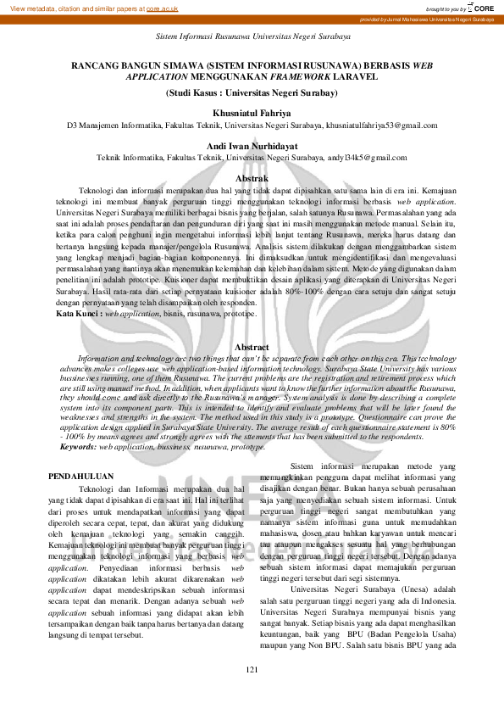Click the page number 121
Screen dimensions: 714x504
click(x=252, y=694)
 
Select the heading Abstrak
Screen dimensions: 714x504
click(x=252, y=179)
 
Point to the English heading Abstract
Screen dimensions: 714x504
click(x=252, y=348)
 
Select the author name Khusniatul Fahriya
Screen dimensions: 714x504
click(x=252, y=112)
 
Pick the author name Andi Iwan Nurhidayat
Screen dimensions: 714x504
click(x=252, y=146)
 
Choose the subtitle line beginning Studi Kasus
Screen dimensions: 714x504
click(x=252, y=92)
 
